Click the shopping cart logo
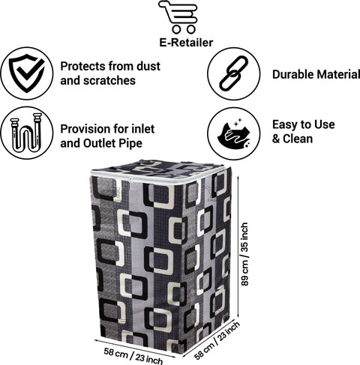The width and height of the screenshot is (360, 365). click(178, 17)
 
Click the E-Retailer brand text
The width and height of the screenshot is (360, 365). click(186, 43)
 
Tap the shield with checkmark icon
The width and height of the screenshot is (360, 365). click(27, 73)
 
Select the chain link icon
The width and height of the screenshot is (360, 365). click(234, 73)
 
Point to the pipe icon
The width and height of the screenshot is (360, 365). click(26, 133)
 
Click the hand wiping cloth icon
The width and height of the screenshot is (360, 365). click(234, 133)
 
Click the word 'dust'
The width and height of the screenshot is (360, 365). click(148, 66)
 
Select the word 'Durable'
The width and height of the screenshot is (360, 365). click(292, 74)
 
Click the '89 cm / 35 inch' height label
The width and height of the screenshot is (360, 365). click(244, 254)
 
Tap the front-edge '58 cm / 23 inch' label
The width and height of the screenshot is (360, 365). click(133, 356)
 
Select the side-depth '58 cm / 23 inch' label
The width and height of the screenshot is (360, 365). click(217, 340)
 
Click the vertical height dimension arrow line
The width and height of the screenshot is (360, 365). click(238, 247)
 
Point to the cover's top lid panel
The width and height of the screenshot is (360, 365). click(157, 168)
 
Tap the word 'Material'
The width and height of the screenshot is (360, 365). click(337, 74)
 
